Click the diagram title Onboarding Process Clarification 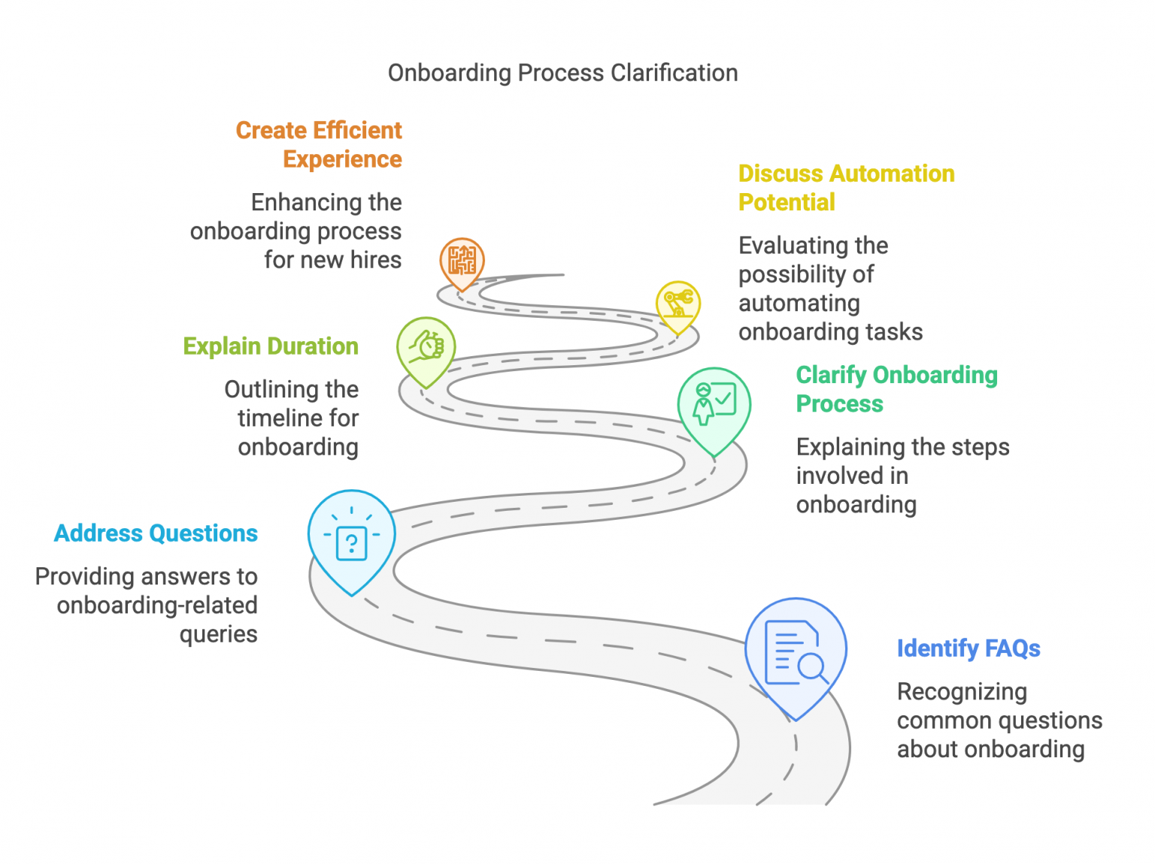[x=562, y=73]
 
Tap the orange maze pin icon [x=462, y=261]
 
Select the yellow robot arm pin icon [x=678, y=304]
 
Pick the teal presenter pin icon [x=714, y=405]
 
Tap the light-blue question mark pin [x=351, y=537]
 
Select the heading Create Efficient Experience [x=319, y=144]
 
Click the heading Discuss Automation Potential [x=846, y=188]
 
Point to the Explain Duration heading [x=271, y=346]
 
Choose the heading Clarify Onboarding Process [x=896, y=389]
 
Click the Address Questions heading [x=156, y=533]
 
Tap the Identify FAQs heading [x=968, y=648]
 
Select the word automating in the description [x=799, y=303]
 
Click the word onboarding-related [x=157, y=605]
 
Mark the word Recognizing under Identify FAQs [x=962, y=691]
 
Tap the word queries [x=218, y=634]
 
